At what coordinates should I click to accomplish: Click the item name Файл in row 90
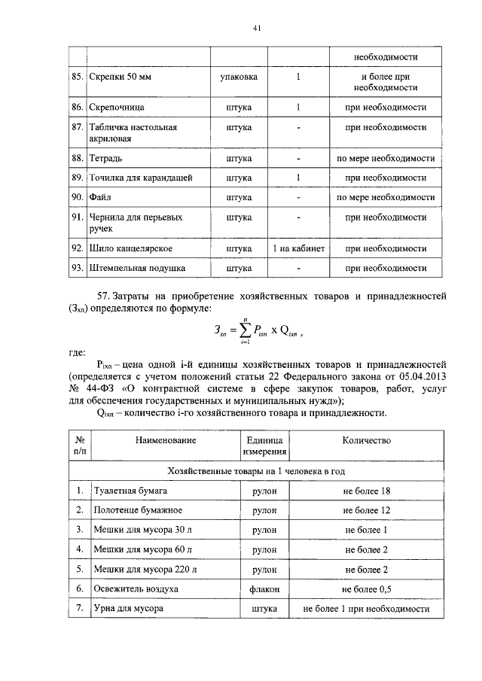tap(101, 198)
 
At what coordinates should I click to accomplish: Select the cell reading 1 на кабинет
tap(298, 248)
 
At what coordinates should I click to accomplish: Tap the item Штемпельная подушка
tap(138, 267)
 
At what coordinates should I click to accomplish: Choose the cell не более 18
tap(366, 491)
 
